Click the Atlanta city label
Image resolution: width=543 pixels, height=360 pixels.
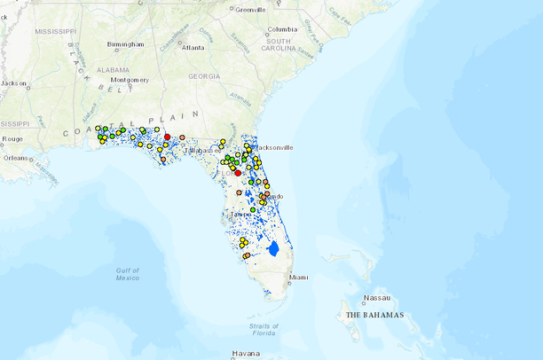pos(193,47)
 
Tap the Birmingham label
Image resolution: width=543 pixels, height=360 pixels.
pos(125,43)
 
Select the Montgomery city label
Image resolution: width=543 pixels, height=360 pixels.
pos(130,80)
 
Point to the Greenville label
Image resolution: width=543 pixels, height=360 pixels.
pos(250,10)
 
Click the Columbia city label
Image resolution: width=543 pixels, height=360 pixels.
pos(282,29)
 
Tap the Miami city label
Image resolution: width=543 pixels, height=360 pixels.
pos(300,278)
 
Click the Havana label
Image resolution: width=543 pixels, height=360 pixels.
pos(246,353)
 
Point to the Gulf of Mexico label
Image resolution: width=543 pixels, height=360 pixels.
pos(127,273)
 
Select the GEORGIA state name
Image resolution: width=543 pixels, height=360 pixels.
pos(204,76)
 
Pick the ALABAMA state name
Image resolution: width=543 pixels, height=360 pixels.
pos(114,68)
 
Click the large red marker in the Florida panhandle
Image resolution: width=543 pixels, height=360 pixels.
pos(167,137)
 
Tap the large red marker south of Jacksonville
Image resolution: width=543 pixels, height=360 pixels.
pos(238,173)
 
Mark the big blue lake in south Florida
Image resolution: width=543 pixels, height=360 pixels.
pos(273,248)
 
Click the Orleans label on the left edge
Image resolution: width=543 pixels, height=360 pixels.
pos(14,158)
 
